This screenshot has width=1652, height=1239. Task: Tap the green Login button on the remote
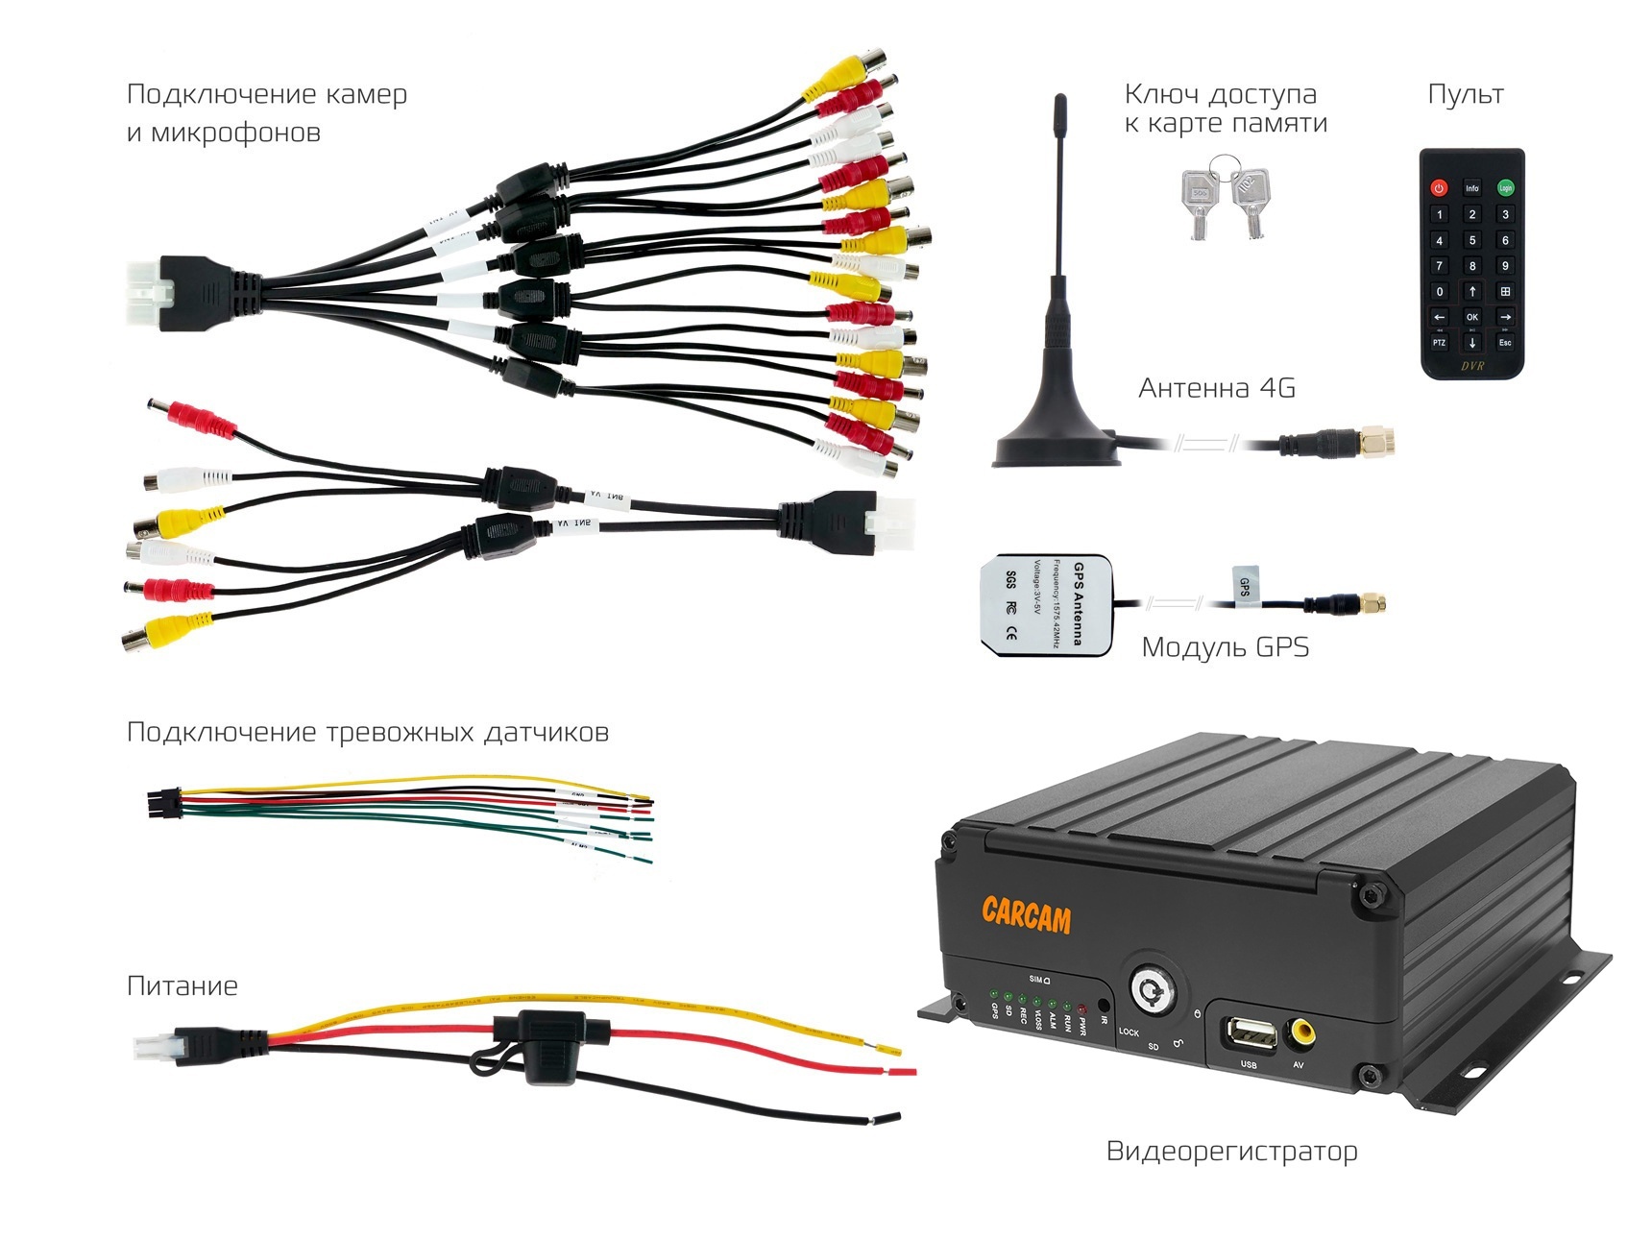coord(1505,188)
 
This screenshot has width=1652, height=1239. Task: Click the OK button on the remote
coord(1471,317)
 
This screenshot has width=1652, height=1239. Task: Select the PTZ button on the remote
coord(1439,343)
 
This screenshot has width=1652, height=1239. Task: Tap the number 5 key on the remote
coord(1471,240)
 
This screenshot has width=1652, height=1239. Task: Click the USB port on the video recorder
coord(1249,1034)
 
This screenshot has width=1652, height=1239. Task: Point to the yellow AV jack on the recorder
coord(1302,1032)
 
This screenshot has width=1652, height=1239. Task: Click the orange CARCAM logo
coord(1026,915)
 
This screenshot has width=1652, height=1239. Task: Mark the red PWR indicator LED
coord(1081,1009)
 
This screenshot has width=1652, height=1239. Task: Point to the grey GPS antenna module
coord(1045,605)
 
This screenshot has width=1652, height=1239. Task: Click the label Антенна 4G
coord(1217,388)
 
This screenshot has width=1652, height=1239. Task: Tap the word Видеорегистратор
coord(1231,1151)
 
